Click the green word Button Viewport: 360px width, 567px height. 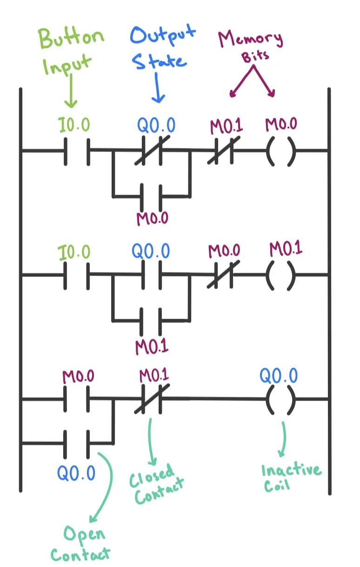[x=72, y=38]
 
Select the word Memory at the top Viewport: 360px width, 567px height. [x=251, y=39]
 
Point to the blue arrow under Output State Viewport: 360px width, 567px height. [x=158, y=87]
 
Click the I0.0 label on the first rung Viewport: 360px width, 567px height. [x=74, y=125]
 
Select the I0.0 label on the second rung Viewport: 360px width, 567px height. [x=74, y=252]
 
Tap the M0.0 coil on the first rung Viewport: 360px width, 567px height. [x=281, y=152]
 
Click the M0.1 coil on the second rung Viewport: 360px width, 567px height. [x=281, y=276]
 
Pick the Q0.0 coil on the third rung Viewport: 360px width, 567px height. [x=281, y=400]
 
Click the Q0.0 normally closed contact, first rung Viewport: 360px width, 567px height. [x=152, y=151]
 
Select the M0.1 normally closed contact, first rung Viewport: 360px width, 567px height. [x=224, y=151]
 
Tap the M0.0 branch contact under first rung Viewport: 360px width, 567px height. [x=151, y=197]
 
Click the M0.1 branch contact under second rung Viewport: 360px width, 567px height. [x=151, y=321]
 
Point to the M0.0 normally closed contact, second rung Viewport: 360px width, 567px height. [x=223, y=275]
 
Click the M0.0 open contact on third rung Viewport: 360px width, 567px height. [x=76, y=399]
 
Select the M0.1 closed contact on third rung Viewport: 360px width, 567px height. [x=152, y=399]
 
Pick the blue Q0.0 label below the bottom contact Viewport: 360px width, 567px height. [x=76, y=473]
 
